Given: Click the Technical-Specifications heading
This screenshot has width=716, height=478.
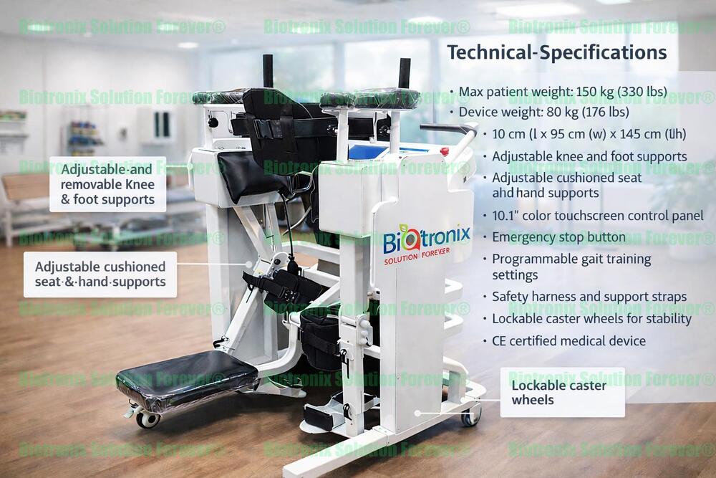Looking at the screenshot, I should pos(556,52).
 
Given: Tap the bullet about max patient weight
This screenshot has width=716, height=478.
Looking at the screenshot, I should pos(562,92).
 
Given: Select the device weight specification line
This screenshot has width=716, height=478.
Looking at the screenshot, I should pos(543,113).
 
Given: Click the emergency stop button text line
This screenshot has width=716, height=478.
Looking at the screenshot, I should pos(558,237).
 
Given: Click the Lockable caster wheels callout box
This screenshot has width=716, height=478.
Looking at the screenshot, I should pos(561,392).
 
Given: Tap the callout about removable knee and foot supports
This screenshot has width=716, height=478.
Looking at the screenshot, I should pos(107,184).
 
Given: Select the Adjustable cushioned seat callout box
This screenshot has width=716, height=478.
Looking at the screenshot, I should pos(100,274).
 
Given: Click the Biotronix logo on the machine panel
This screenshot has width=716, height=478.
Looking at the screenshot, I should pos(426,237).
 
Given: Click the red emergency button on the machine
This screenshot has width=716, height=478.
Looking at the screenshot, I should pos(445,151).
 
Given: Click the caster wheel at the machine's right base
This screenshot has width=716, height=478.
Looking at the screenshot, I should pos(470,415).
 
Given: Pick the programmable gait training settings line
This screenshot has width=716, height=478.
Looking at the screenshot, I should pos(571,267).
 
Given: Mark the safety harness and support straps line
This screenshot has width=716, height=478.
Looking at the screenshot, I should pos(589,297).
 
